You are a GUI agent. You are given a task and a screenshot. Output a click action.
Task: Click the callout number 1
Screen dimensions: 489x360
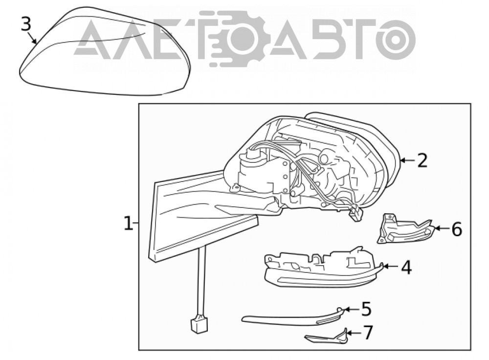(128, 224)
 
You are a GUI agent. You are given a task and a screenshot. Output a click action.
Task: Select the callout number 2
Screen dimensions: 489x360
(422, 160)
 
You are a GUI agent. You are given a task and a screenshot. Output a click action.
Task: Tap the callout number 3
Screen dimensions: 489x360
(26, 24)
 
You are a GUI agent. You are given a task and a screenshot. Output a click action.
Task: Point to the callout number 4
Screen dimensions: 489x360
(406, 267)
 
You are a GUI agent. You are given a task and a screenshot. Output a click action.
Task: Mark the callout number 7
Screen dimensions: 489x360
(368, 333)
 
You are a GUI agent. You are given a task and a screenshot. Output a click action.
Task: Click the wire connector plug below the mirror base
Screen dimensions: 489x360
(199, 325)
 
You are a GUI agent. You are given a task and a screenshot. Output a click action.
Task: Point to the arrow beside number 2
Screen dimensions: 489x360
(408, 160)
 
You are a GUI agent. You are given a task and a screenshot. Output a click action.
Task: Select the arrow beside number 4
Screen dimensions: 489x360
(391, 267)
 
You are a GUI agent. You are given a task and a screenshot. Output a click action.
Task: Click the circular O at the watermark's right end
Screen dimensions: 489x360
(397, 39)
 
